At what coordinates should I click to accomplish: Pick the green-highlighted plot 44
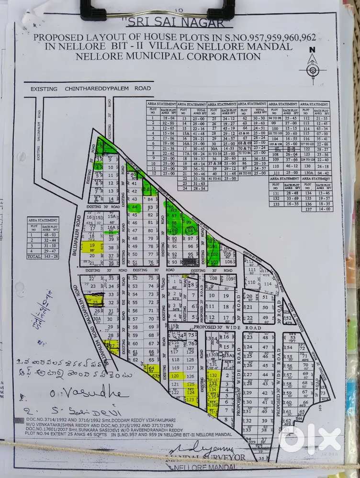tap(134, 207)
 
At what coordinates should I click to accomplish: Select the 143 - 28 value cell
tap(49, 256)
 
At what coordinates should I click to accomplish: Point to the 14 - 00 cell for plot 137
tap(324, 209)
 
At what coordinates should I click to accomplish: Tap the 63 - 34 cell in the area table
tap(322, 128)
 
